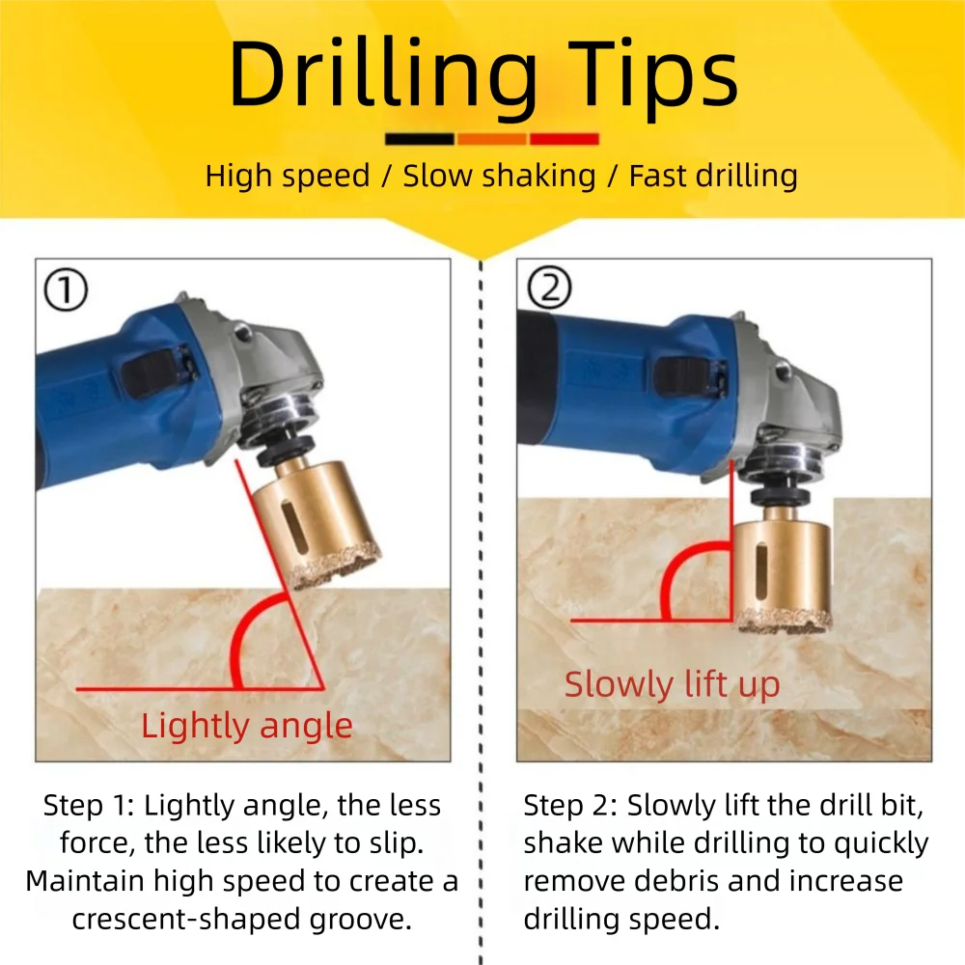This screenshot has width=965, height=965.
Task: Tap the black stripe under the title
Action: pos(419,139)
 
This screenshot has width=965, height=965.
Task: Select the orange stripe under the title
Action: pos(491,139)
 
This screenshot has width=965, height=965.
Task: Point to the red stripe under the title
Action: pos(564,139)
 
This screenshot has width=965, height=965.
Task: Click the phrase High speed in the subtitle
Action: pos(288,176)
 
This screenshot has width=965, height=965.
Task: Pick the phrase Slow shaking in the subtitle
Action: pos(499,176)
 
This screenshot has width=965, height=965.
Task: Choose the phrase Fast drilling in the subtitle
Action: pos(713,176)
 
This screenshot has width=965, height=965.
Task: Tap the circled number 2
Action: pos(547,289)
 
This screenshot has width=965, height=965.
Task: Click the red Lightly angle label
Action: pos(247,726)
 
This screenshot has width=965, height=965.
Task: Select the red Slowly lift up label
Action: pos(672,684)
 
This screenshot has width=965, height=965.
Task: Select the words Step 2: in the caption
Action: pos(570,806)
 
